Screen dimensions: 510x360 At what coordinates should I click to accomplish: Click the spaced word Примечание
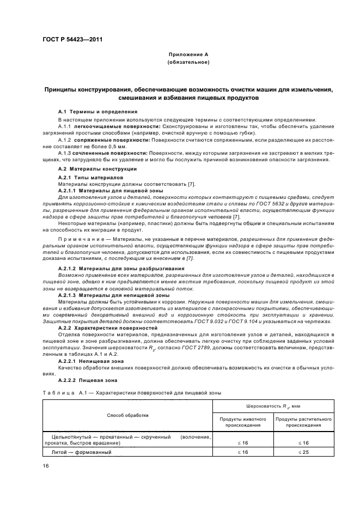80,239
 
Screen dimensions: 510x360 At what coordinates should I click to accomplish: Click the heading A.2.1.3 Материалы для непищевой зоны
106,295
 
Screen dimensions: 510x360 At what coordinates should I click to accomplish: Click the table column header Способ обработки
127,415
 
